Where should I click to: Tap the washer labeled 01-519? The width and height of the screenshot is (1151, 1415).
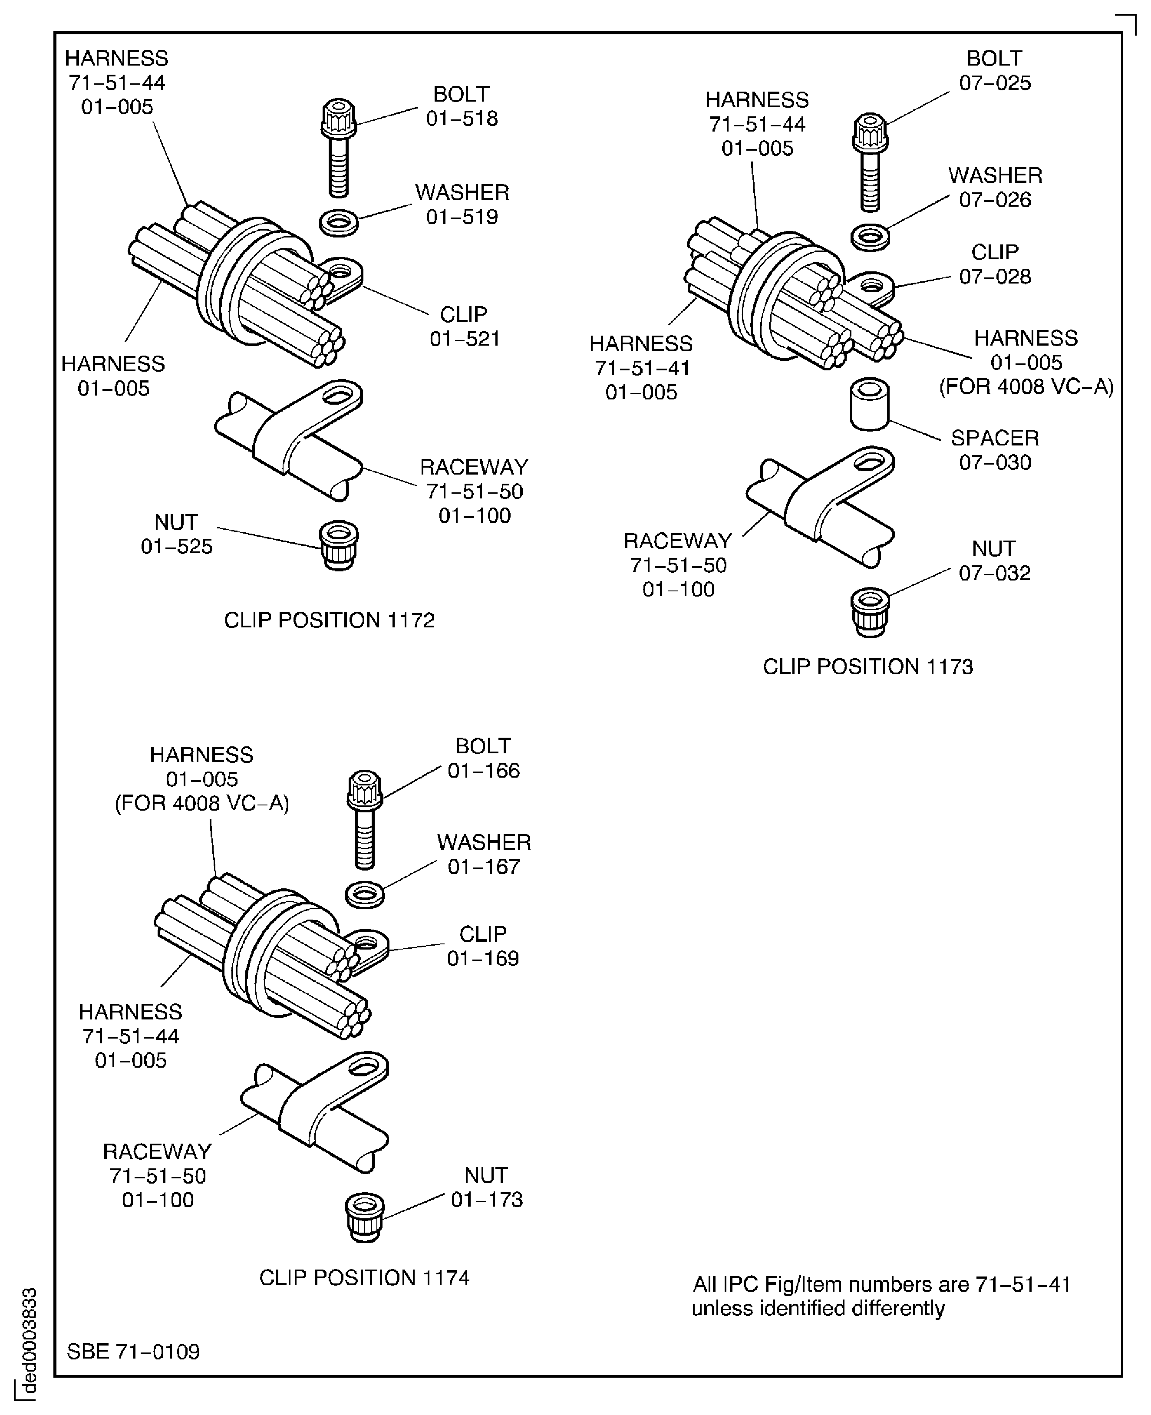[339, 222]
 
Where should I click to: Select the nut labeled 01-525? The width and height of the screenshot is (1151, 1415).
[339, 544]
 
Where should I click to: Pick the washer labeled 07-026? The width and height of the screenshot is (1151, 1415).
[870, 237]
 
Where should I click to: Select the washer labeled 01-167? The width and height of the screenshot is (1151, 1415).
[365, 894]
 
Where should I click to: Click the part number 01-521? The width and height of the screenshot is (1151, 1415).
[464, 339]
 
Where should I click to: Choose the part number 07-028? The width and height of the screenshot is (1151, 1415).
[995, 277]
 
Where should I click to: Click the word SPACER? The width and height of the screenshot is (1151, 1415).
[995, 438]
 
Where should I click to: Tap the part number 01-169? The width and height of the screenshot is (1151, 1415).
[483, 958]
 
